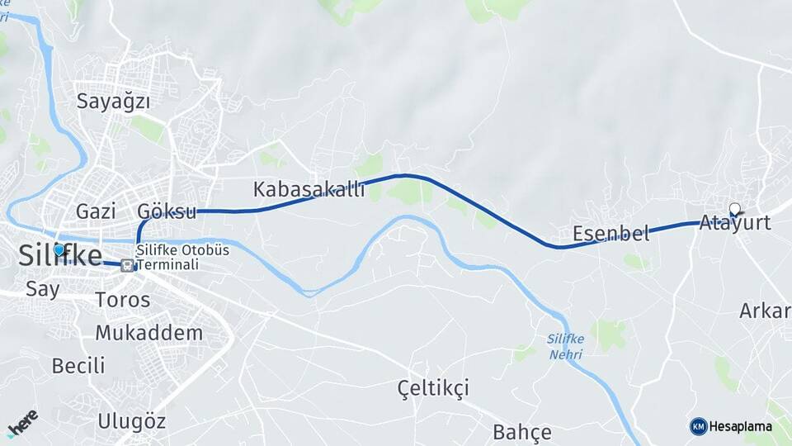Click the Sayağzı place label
pyautogui.click(x=114, y=102)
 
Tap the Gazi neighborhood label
pyautogui.click(x=95, y=211)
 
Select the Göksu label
pyautogui.click(x=167, y=211)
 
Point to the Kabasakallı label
pyautogui.click(x=309, y=189)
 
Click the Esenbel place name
pyautogui.click(x=610, y=233)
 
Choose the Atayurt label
pyautogui.click(x=734, y=222)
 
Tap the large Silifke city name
pyautogui.click(x=60, y=255)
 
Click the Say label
pyautogui.click(x=42, y=289)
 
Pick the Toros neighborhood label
pyautogui.click(x=123, y=299)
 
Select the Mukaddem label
pyautogui.click(x=148, y=333)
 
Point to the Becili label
pyautogui.click(x=78, y=365)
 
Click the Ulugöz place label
pyautogui.click(x=131, y=421)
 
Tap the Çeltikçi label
pyautogui.click(x=432, y=387)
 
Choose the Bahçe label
pyautogui.click(x=521, y=431)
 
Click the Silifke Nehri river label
pyautogui.click(x=564, y=346)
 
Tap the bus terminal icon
pyautogui.click(x=127, y=265)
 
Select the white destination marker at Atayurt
pyautogui.click(x=735, y=209)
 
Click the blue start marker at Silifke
pyautogui.click(x=59, y=249)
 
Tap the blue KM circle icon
pyautogui.click(x=698, y=426)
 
